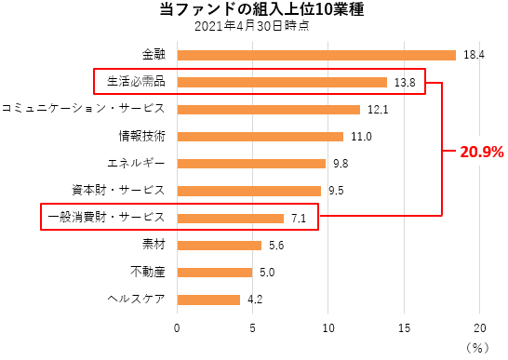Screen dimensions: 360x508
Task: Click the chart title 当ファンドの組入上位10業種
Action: [252, 10]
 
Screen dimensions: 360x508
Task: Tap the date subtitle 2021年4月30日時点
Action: [252, 27]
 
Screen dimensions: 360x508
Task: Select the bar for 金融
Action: [316, 55]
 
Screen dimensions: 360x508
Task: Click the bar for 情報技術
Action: [261, 137]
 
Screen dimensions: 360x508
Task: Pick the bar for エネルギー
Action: [251, 164]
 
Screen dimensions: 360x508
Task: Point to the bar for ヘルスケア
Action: [208, 300]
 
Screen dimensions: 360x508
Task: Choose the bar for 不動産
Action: [215, 273]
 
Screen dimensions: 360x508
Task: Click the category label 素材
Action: [154, 246]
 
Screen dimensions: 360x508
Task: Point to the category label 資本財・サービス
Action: [118, 191]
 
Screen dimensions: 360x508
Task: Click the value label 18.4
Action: [475, 55]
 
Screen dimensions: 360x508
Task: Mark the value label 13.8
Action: [405, 83]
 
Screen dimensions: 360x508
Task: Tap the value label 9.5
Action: [338, 192]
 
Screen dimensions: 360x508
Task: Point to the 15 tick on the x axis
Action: [405, 327]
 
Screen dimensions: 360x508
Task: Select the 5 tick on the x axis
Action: [253, 327]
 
